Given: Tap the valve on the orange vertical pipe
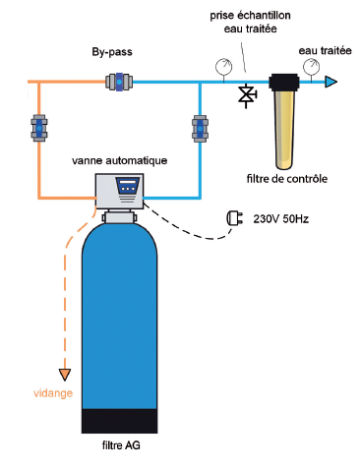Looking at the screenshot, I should pos(38,128).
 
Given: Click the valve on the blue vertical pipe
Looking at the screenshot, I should pos(199,128).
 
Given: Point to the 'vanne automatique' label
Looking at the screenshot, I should pos(121,159).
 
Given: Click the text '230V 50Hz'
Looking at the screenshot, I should pos(283,220).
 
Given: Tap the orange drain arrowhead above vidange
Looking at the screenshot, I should pos(66,373).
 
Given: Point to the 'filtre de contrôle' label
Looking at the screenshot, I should pos(286,178).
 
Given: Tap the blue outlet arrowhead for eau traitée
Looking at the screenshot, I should pos(332,83).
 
